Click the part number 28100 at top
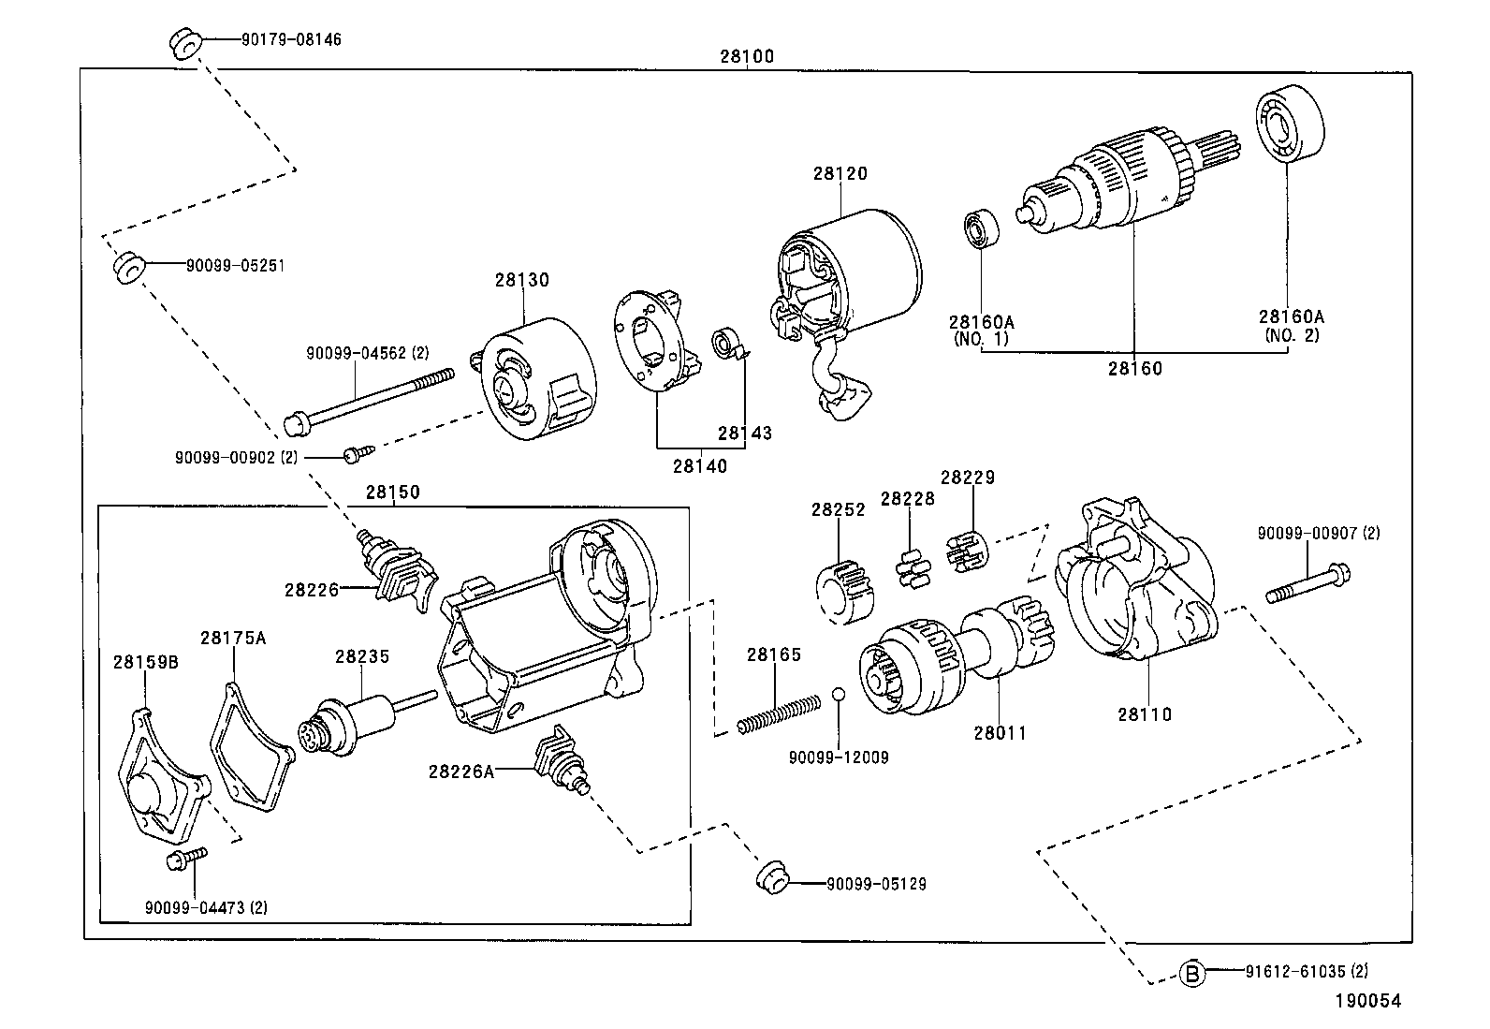coord(746,56)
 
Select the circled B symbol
coord(1191,974)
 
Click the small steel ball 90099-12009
coord(839,694)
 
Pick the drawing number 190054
coord(1367,1001)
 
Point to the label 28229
coord(967,478)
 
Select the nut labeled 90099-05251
coord(127,267)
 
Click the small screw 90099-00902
coord(357,454)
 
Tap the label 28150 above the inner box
coord(392,492)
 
